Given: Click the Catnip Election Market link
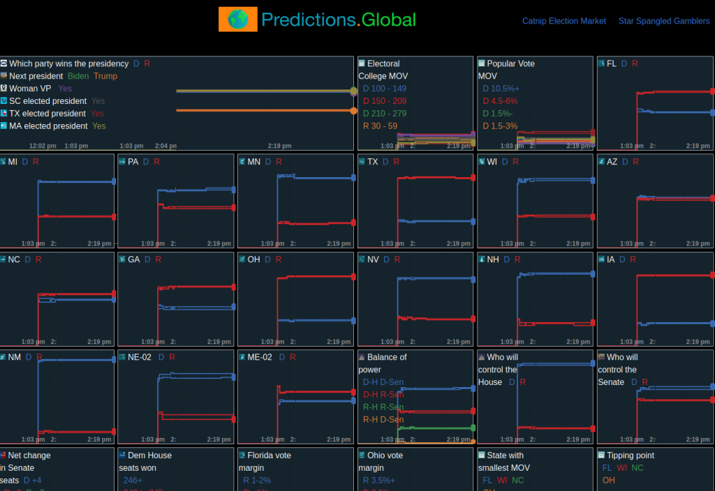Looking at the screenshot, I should [563, 21].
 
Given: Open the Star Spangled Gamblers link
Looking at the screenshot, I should [663, 21].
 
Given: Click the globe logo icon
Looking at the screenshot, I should [238, 20].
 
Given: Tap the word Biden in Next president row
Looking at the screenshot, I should [78, 76].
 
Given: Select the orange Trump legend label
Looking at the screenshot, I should [105, 76].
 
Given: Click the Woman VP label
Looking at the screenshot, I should [29, 89].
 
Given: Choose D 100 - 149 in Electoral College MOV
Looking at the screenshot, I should [384, 89].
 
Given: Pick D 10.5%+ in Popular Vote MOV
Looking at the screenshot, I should [501, 89].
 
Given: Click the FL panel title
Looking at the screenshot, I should [612, 63].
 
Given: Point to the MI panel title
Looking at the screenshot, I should [13, 162].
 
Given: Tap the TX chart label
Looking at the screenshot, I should [372, 162].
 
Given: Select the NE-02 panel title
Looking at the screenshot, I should [139, 357].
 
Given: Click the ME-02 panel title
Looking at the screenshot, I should [260, 357].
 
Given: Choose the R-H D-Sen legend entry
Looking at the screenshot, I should [383, 420].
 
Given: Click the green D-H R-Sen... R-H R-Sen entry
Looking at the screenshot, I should [383, 407].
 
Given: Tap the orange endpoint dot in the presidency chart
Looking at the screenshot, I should [353, 110].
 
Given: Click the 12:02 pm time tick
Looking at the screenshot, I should [43, 146].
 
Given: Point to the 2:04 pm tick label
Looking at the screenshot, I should [165, 146].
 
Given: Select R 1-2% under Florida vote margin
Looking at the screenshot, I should [257, 481].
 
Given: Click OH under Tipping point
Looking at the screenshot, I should [609, 481].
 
